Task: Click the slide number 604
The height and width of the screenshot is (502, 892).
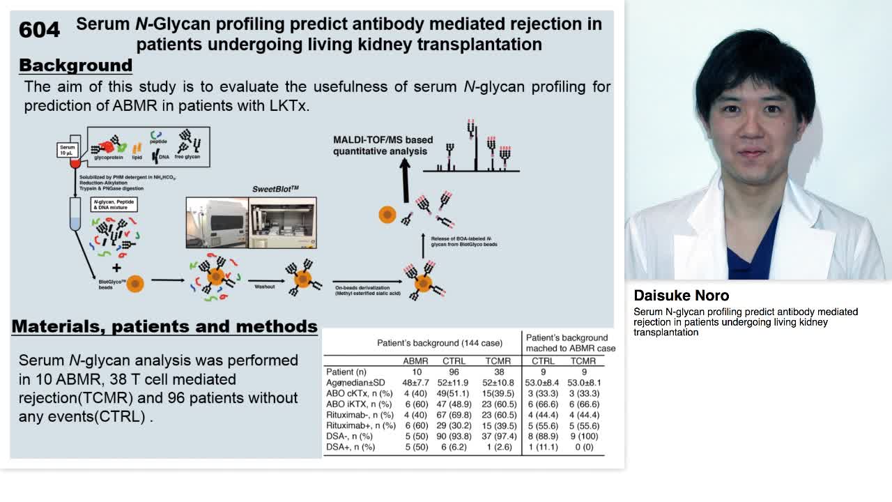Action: tap(39, 29)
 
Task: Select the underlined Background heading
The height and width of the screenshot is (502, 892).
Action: tap(75, 66)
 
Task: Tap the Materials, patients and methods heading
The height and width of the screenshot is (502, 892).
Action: tap(164, 326)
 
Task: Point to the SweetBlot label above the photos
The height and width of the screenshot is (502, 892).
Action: tap(275, 189)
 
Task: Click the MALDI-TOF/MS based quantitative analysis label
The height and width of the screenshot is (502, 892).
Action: tap(383, 146)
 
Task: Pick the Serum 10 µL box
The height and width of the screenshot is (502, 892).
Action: tap(67, 150)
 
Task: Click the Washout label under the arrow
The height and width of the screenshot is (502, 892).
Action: tap(264, 287)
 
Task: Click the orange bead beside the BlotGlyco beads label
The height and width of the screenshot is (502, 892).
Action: tap(135, 284)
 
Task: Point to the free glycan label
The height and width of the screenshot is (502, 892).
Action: tap(188, 158)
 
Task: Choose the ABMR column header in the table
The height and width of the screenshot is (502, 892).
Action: tap(415, 361)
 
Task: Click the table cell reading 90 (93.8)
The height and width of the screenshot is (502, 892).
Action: tap(454, 436)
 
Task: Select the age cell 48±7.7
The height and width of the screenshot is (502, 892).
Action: tap(415, 383)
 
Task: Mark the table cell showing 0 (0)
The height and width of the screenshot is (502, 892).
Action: tap(583, 447)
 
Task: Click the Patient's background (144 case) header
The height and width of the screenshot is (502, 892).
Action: tap(439, 343)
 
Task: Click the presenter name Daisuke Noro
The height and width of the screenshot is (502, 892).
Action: tap(681, 296)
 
